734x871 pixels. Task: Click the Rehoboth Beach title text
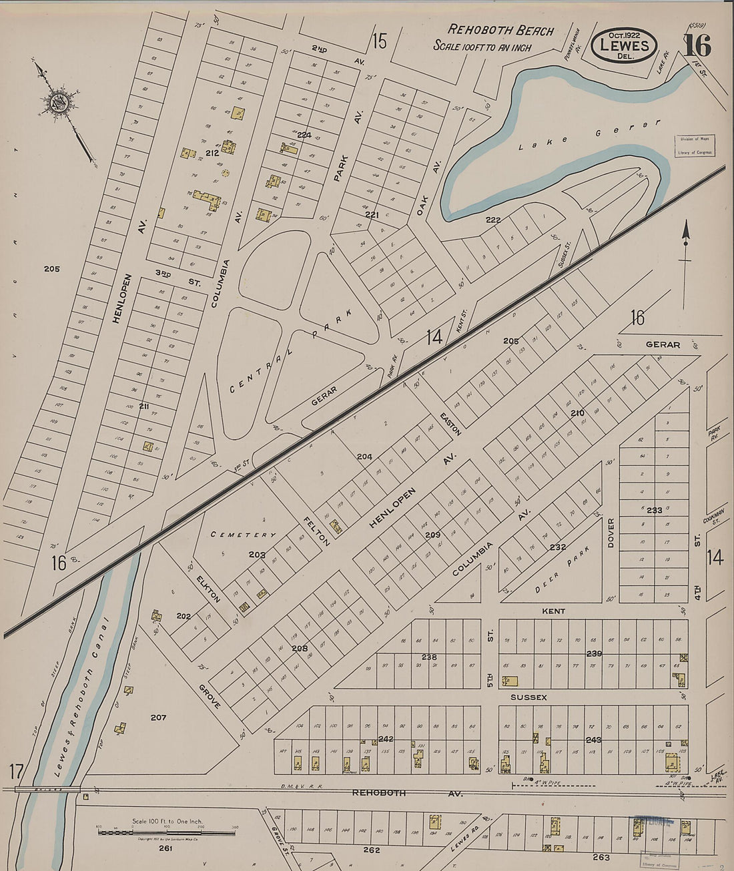pyautogui.click(x=500, y=30)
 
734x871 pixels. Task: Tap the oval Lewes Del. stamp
pyautogui.click(x=625, y=46)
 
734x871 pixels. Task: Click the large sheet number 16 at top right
pyautogui.click(x=697, y=46)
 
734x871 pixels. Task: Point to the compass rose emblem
pyautogui.click(x=56, y=103)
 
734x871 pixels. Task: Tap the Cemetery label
pyautogui.click(x=243, y=535)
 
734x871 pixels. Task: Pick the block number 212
pyautogui.click(x=213, y=154)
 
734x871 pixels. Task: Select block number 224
pyautogui.click(x=304, y=135)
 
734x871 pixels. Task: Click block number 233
pyautogui.click(x=654, y=510)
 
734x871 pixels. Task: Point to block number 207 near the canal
pyautogui.click(x=157, y=717)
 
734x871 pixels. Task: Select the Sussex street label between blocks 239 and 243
pyautogui.click(x=528, y=697)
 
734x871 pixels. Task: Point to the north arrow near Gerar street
pyautogui.click(x=685, y=247)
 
